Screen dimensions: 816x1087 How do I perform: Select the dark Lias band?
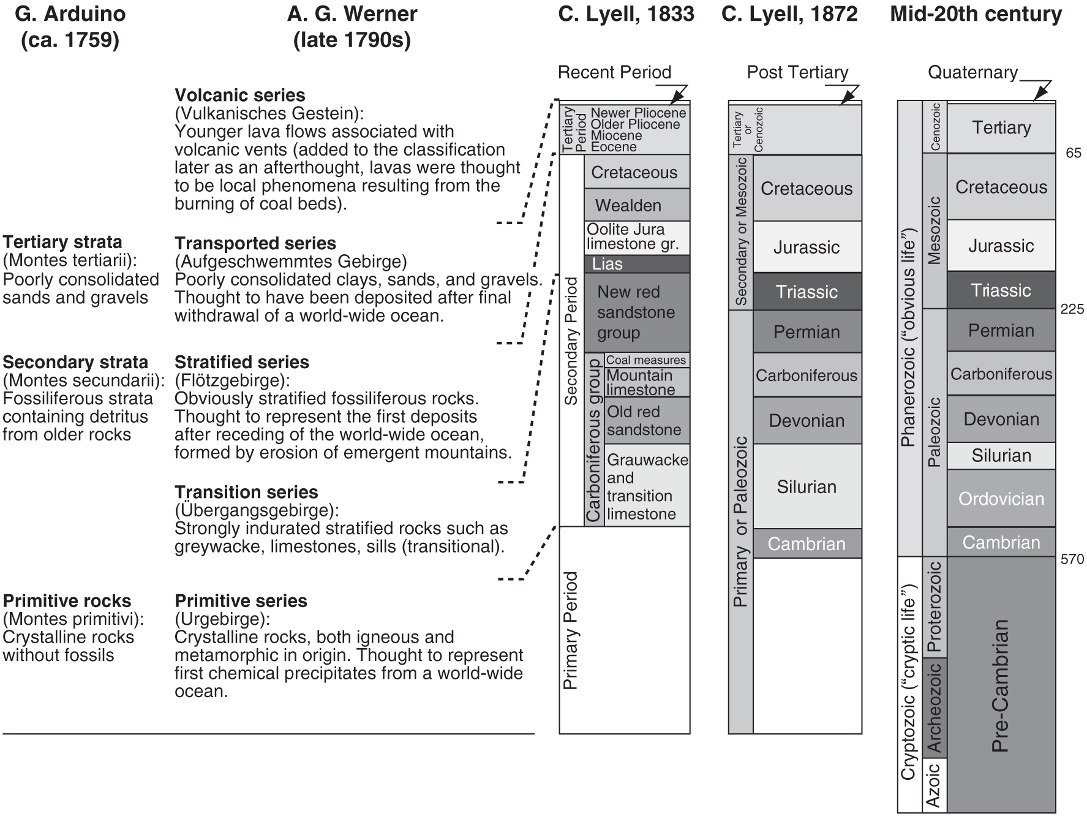click(636, 264)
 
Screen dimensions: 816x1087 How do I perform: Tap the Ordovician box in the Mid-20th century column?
click(1001, 498)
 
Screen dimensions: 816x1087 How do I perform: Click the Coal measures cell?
click(646, 360)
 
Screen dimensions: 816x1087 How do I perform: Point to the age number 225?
click(1072, 309)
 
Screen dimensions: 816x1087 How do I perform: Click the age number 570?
click(1072, 559)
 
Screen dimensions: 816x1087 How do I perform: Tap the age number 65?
click(1074, 153)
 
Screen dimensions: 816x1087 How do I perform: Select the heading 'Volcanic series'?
click(239, 95)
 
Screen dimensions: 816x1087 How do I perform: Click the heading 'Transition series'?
click(246, 492)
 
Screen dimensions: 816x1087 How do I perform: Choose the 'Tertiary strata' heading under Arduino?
click(62, 242)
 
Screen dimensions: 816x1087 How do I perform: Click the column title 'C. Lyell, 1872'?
click(789, 13)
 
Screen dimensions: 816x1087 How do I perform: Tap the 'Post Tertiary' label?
click(797, 72)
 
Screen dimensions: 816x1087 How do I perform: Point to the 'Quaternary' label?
click(972, 72)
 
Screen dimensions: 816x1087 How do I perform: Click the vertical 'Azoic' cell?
click(934, 785)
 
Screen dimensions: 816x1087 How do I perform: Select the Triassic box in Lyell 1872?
click(807, 292)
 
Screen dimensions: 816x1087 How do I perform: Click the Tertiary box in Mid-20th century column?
click(1001, 127)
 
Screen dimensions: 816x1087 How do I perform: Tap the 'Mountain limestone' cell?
click(646, 382)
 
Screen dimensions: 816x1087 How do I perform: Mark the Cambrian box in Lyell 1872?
click(807, 543)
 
